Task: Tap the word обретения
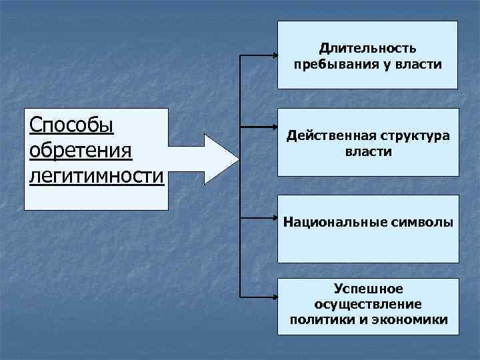click(82, 151)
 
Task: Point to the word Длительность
click(367, 48)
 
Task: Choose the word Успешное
click(367, 288)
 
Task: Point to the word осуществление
click(367, 304)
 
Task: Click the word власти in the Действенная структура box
click(368, 152)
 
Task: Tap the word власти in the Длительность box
click(417, 65)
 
